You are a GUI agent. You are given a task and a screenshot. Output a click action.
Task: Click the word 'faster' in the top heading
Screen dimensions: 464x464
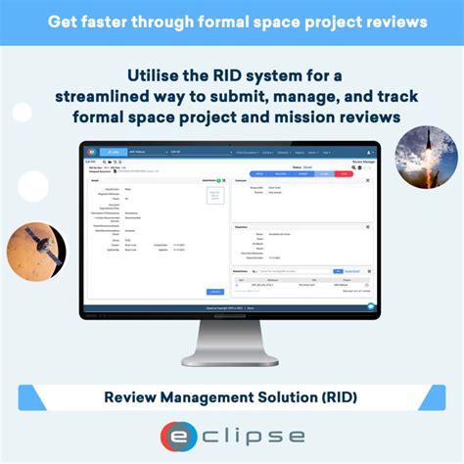tap(126, 21)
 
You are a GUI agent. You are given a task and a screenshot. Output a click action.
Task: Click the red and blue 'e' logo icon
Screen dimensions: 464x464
tap(178, 437)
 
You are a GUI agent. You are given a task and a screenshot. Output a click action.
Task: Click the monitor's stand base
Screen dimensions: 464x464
tap(231, 358)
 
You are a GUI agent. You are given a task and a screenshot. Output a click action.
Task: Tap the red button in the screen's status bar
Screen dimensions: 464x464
tap(343, 173)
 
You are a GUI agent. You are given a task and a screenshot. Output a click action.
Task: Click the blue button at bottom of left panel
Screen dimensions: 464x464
tap(215, 292)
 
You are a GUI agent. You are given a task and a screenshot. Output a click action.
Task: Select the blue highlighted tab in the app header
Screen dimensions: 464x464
tap(116, 152)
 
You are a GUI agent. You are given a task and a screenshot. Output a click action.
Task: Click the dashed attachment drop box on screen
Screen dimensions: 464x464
tap(215, 195)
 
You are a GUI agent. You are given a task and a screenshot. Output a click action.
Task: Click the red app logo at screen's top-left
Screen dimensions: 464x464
tap(88, 152)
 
